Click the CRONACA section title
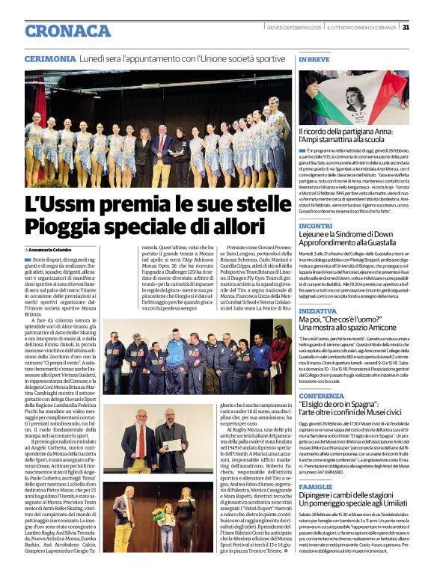click(68, 30)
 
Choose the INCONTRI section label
click(316, 224)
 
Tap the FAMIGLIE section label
click(315, 486)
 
